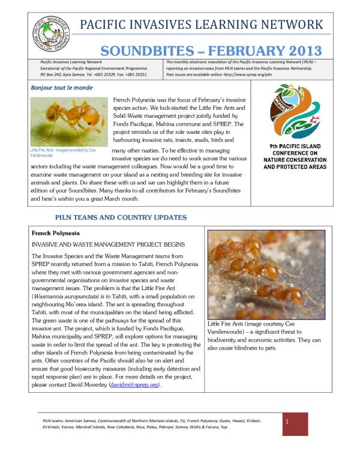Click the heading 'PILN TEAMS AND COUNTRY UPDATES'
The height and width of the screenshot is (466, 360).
[121, 217]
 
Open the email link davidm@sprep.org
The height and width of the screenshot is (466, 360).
[135, 384]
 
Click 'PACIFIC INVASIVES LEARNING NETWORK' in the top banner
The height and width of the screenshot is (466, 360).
[201, 25]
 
